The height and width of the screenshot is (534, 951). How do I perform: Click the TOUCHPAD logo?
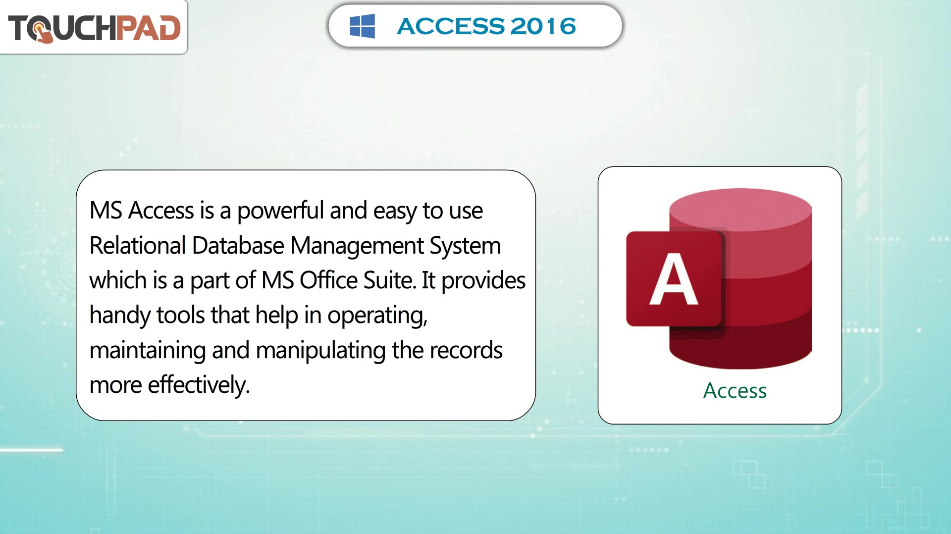coord(94,28)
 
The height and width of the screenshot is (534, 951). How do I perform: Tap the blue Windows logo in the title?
coord(362,26)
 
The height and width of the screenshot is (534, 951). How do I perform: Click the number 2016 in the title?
coord(543,26)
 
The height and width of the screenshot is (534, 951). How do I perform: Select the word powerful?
coord(280,211)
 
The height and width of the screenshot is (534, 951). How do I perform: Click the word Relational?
coord(138,246)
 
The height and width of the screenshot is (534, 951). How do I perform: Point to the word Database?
coord(238,246)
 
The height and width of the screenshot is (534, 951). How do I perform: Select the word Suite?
coord(390,280)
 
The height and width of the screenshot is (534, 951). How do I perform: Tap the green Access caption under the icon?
coord(735,391)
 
